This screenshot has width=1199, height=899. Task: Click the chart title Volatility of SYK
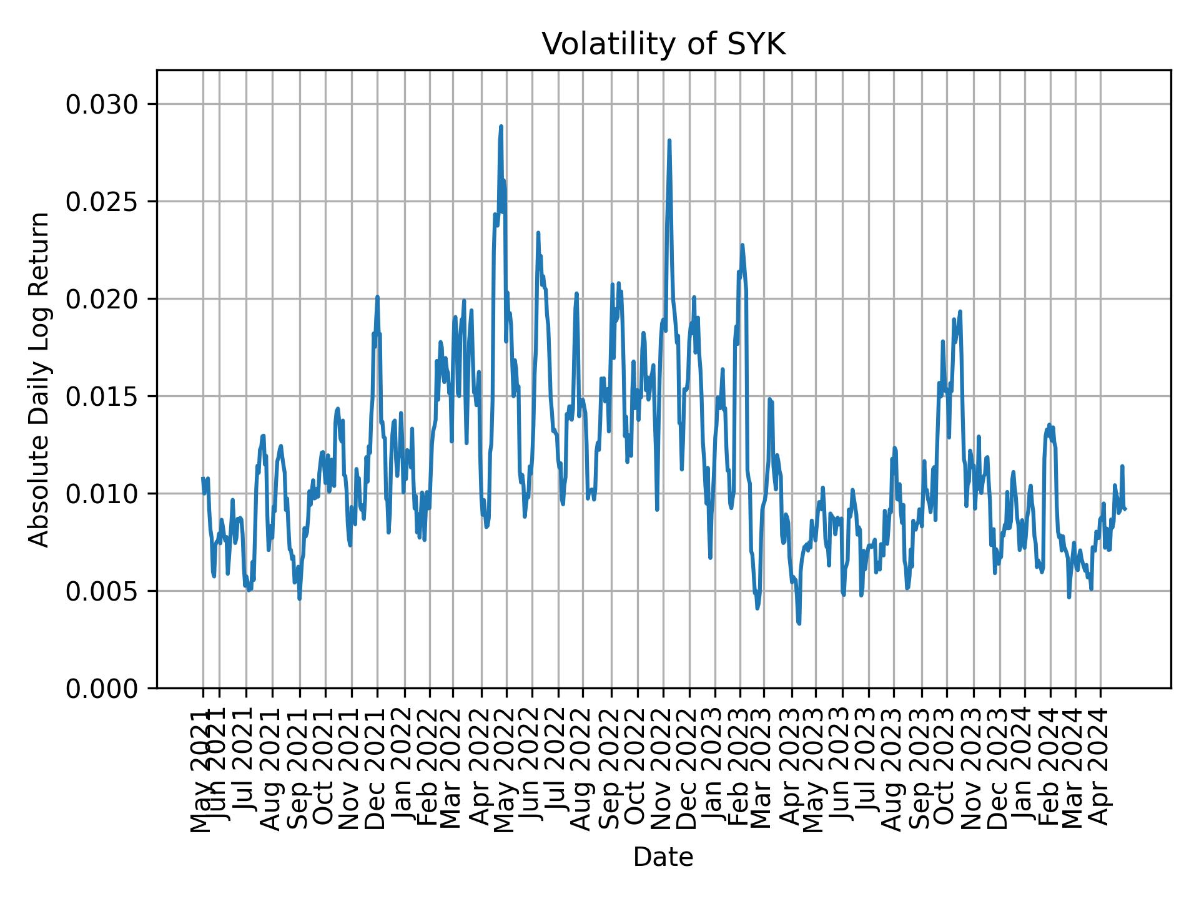click(x=663, y=45)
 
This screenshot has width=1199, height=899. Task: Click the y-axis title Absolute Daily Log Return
click(x=40, y=379)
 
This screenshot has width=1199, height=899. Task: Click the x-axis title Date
click(x=663, y=857)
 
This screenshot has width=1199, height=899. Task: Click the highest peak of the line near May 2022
click(x=501, y=127)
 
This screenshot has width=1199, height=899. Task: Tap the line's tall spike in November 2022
click(x=669, y=140)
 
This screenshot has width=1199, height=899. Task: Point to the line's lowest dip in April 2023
click(x=799, y=622)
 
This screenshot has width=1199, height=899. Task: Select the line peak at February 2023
click(x=742, y=245)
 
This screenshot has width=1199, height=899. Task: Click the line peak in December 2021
click(x=377, y=297)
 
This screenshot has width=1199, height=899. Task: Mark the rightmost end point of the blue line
click(x=1125, y=509)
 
